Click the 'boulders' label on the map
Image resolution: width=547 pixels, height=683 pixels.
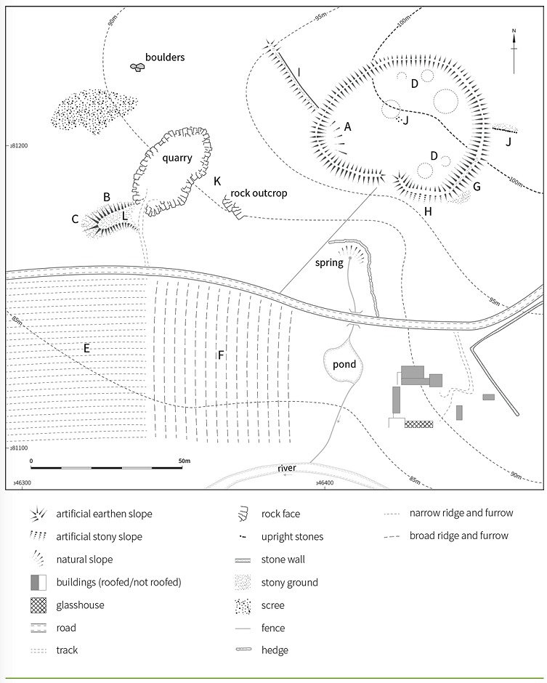(x=165, y=57)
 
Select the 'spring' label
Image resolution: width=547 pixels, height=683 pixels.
(x=329, y=262)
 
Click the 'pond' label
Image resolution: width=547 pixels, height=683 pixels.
(x=344, y=364)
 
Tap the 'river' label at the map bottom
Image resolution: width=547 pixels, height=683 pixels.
(x=286, y=468)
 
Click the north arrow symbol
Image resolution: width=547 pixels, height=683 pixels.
(x=514, y=49)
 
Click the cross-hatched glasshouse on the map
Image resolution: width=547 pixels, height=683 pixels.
(x=418, y=424)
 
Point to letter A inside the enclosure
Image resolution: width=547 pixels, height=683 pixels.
(x=348, y=126)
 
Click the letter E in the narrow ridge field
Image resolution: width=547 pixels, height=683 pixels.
(x=86, y=349)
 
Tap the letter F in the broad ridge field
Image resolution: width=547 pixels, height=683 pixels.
(x=220, y=355)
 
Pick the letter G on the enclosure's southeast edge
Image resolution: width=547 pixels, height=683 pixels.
(x=477, y=187)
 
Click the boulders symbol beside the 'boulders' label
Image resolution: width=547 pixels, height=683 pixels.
(x=137, y=67)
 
